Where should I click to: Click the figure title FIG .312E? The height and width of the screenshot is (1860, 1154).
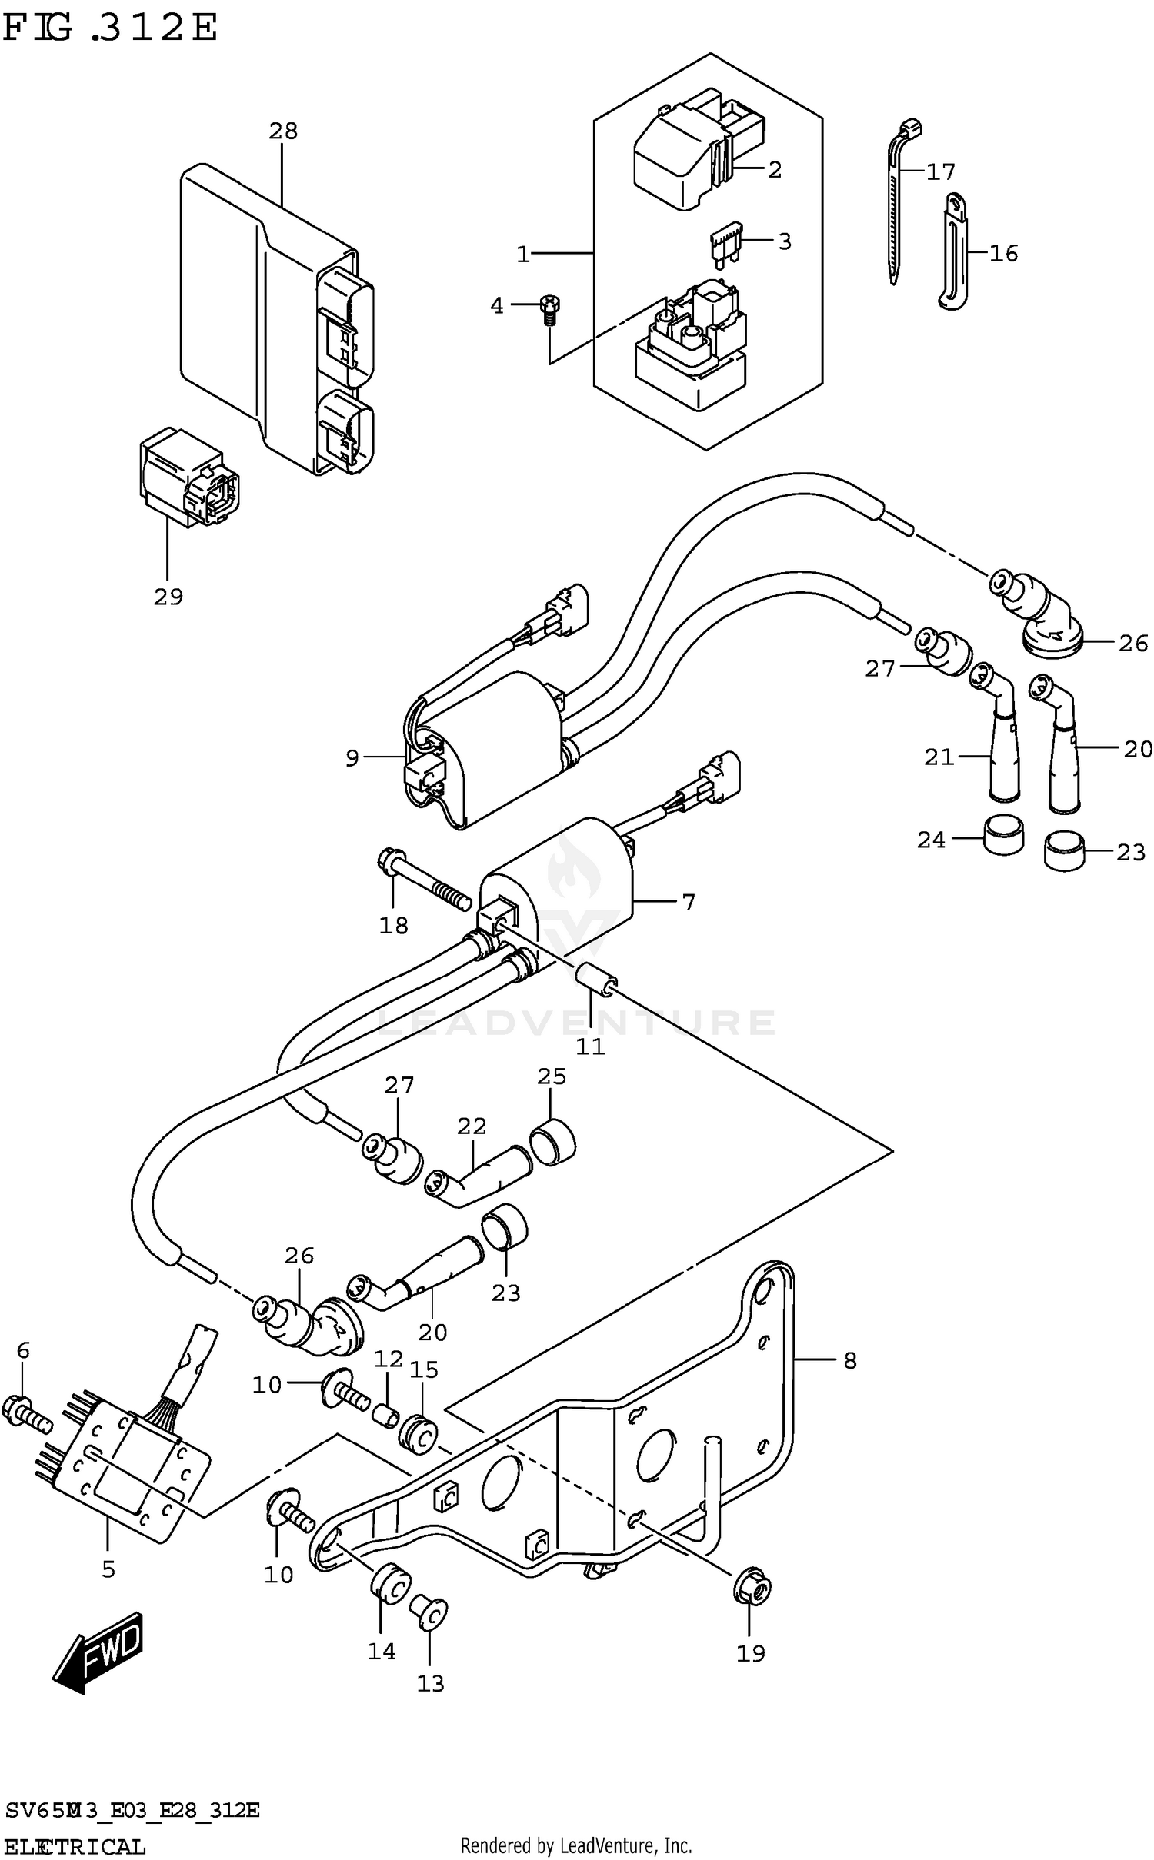[x=110, y=28]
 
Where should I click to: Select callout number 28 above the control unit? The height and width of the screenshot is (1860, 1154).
[x=283, y=131]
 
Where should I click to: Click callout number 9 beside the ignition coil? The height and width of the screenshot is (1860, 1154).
[x=352, y=759]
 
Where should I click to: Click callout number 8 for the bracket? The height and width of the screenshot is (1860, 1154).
[x=849, y=1361]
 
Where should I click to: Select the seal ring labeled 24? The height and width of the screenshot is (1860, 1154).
[x=1003, y=834]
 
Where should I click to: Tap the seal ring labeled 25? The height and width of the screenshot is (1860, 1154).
[x=553, y=1143]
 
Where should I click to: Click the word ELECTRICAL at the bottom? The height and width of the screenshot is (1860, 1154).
[x=75, y=1842]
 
